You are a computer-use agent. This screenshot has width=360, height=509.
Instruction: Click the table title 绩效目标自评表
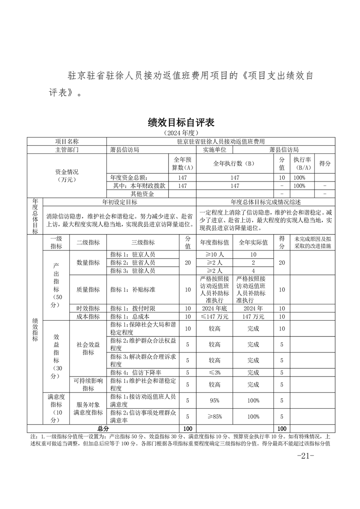click(x=180, y=122)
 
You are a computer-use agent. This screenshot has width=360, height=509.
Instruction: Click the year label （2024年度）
click(x=180, y=133)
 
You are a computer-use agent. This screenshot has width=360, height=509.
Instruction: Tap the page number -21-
click(x=305, y=456)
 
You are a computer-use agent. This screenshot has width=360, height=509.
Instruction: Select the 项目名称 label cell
click(x=67, y=142)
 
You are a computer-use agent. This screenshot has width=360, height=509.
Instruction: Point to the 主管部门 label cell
click(x=67, y=149)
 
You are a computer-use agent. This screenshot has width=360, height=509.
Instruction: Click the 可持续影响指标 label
click(x=88, y=385)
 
